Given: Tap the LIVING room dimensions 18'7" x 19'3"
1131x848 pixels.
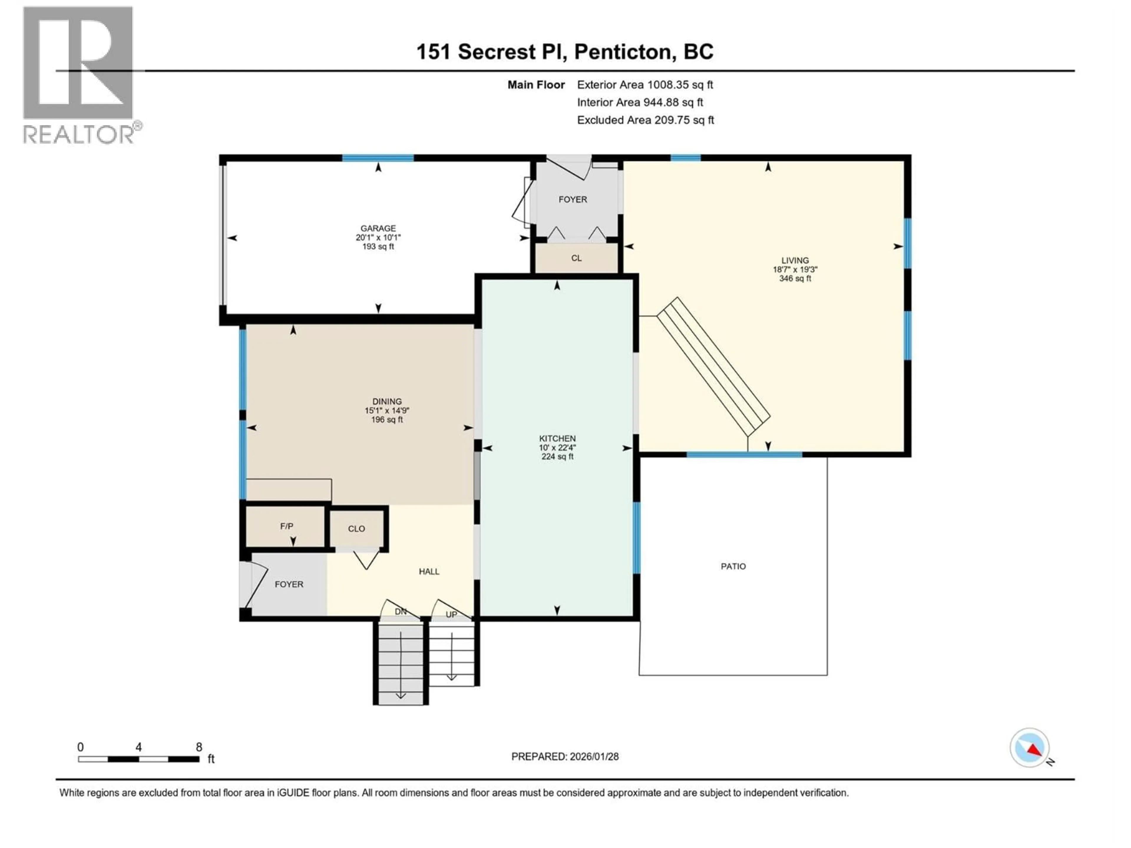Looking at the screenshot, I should point(795,269).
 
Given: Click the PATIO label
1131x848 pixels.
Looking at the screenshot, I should point(733,566).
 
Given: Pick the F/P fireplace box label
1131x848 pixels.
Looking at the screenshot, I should point(286,526).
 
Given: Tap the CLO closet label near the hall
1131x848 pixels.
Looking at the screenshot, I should point(356,529).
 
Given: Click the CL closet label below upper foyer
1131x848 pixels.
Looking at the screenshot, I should point(576,258).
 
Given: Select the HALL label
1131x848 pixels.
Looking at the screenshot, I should point(429,572).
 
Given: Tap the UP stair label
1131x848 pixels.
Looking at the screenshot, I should point(451,615).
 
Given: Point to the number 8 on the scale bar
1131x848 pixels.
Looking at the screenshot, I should point(199,747).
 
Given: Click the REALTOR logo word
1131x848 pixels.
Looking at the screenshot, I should point(79,135).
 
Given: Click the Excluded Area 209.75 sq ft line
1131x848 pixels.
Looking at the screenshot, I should point(645,120).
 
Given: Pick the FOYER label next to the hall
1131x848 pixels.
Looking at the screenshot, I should point(289,584).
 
